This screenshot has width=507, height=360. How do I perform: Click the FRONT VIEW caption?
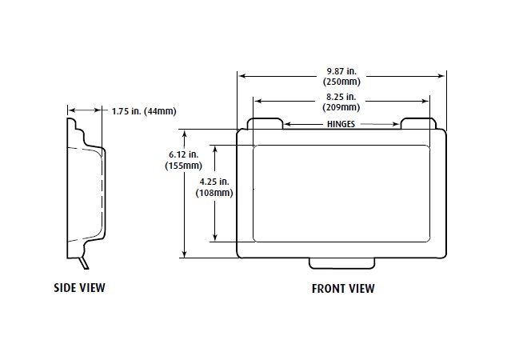coord(342,289)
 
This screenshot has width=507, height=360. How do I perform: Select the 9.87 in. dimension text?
coord(341,70)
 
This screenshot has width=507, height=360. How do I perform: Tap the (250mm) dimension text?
coord(341,82)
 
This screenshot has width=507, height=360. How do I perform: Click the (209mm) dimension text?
coord(341,106)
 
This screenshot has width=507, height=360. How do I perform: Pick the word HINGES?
coord(341,125)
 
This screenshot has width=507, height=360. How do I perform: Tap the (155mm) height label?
coord(182,166)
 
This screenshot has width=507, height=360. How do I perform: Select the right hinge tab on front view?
coord(417,124)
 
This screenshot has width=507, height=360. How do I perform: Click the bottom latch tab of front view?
coord(341,263)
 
